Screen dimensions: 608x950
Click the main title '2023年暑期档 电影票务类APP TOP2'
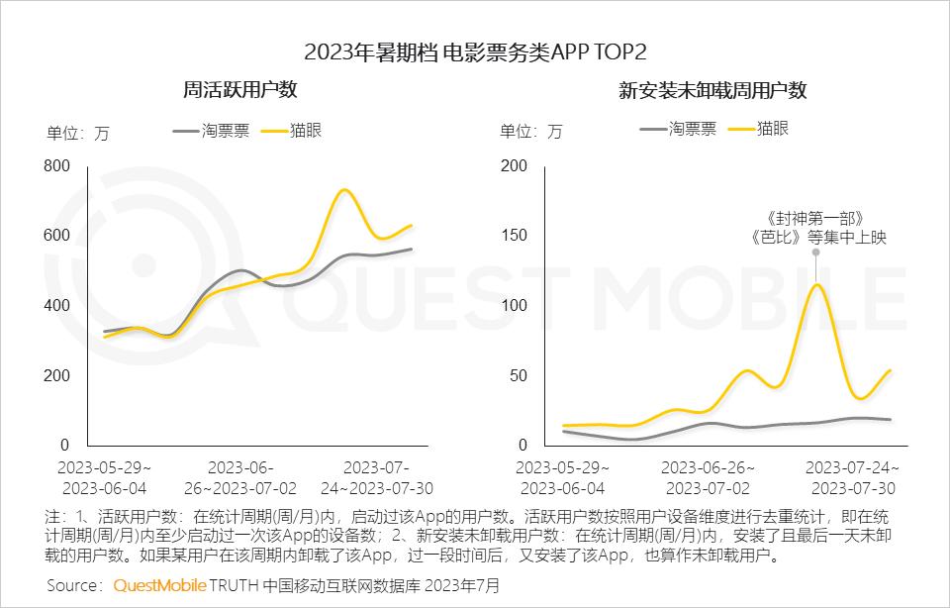[x=475, y=51]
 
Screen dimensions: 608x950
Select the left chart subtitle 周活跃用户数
[x=240, y=90]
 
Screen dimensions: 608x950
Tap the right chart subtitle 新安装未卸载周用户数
[x=712, y=91]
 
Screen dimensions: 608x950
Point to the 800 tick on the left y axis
[x=57, y=165]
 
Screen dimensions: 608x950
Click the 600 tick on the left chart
[x=57, y=236]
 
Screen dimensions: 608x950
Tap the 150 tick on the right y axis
[x=515, y=236]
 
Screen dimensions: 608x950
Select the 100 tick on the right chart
[x=515, y=305]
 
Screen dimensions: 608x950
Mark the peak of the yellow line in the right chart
[x=816, y=285]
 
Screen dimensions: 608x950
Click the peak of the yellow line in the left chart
[x=343, y=190]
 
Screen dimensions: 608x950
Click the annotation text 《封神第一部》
[x=816, y=217]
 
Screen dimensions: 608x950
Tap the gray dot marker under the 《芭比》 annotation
[x=816, y=253]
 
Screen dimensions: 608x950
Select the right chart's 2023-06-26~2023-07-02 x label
[x=706, y=477]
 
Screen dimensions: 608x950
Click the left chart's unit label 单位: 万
[x=77, y=134]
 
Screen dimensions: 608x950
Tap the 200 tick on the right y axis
[x=515, y=165]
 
